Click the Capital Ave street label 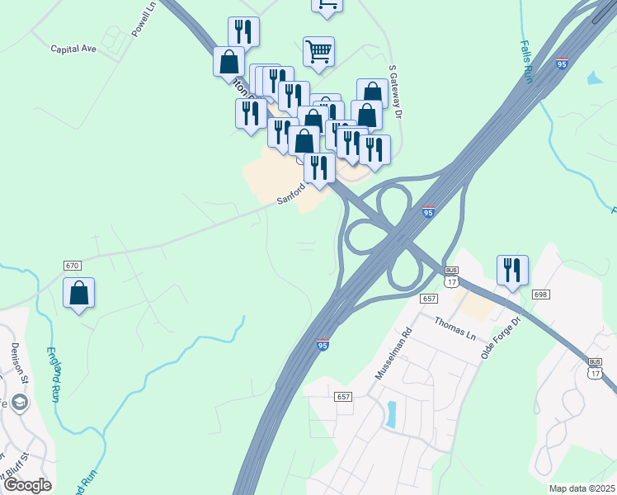(73, 49)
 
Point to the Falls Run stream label (526, 61)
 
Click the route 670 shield (73, 266)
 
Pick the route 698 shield (540, 295)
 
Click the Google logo (27, 484)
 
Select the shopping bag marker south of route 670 (78, 294)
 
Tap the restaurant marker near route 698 (512, 271)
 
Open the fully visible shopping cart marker (318, 52)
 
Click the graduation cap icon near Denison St (20, 402)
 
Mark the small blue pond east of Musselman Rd (390, 414)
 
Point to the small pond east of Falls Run (594, 78)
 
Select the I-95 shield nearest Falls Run (562, 64)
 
